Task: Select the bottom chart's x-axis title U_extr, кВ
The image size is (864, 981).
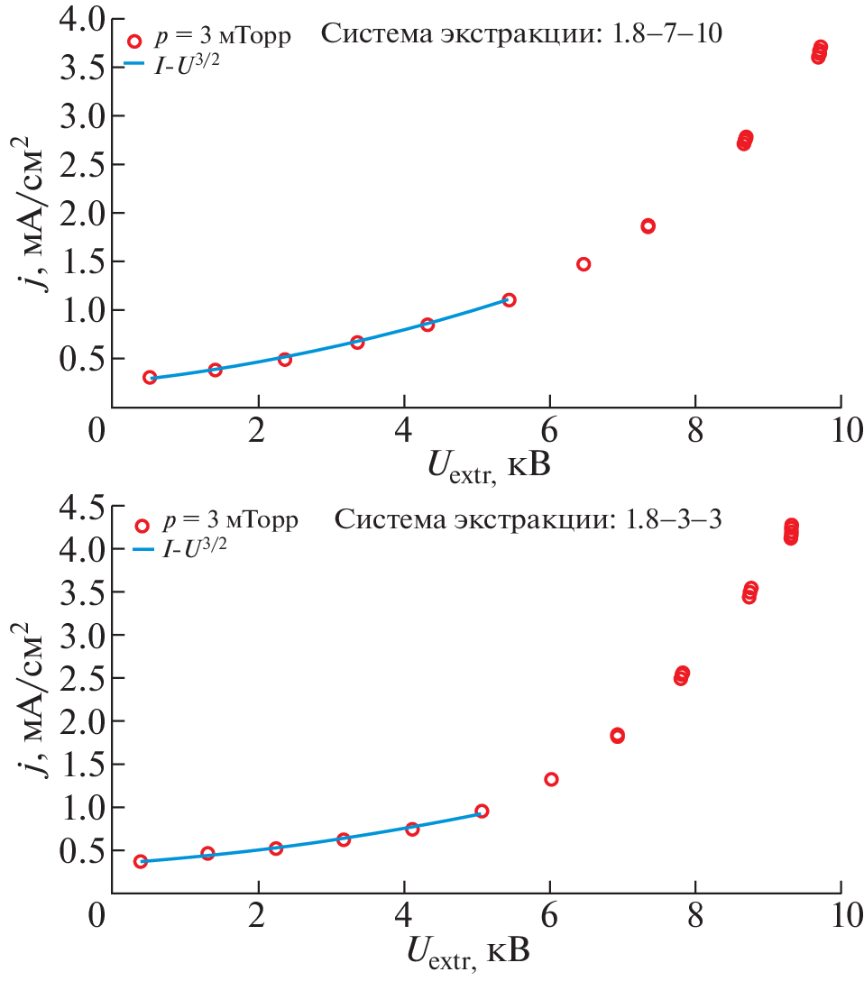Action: click(468, 952)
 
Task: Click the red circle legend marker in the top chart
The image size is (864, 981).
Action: click(135, 41)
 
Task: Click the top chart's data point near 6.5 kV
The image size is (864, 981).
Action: click(584, 264)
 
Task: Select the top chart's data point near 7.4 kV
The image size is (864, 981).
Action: click(648, 226)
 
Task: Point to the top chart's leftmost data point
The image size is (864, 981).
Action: click(150, 377)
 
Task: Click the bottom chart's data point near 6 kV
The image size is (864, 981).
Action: click(551, 779)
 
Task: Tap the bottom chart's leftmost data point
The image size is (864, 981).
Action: click(141, 862)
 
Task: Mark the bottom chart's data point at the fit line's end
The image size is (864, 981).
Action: click(482, 811)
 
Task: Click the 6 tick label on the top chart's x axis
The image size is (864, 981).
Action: click(549, 429)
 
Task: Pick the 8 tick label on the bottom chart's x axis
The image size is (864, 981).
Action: click(695, 916)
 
